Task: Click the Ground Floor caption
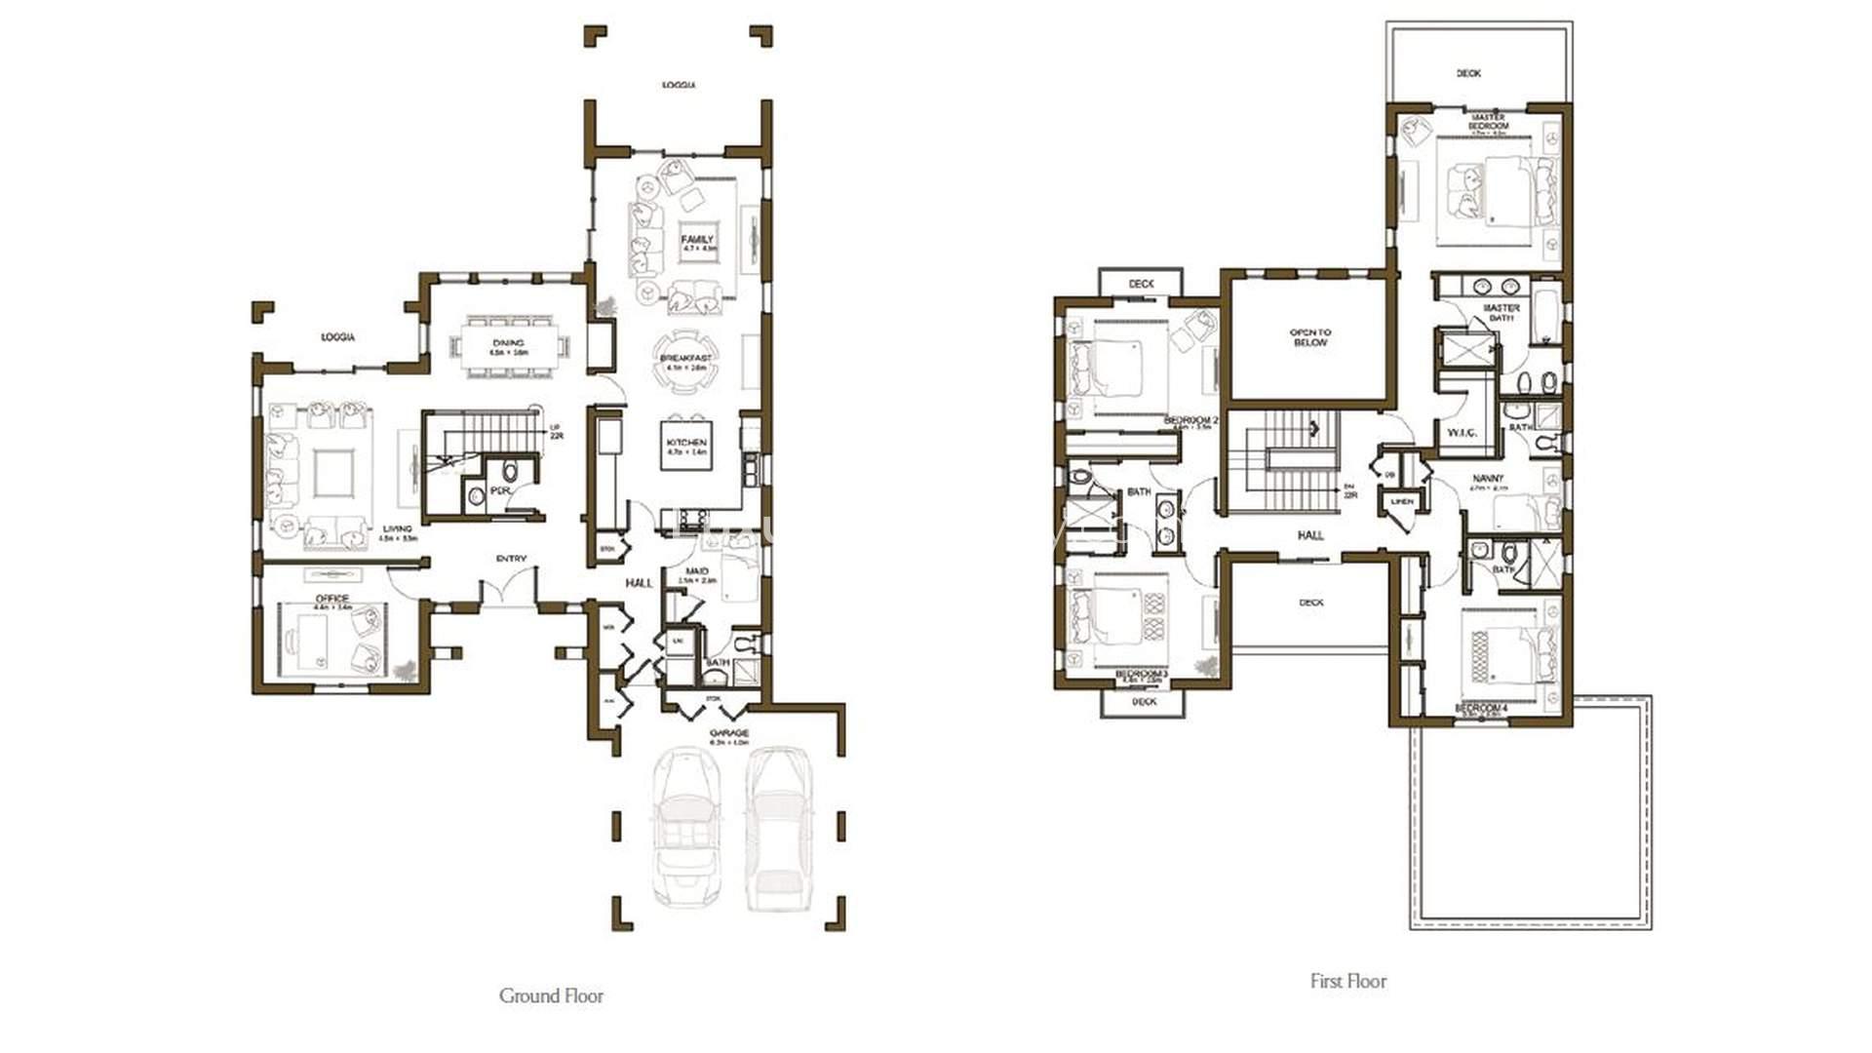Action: point(551,995)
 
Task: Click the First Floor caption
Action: point(1347,981)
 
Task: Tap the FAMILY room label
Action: point(697,239)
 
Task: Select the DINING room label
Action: point(508,343)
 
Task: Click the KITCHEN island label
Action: point(686,444)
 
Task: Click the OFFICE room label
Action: point(331,599)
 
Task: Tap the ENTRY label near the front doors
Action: point(511,559)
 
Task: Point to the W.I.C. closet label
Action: point(1462,433)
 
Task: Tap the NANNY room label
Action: point(1488,479)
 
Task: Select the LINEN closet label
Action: point(1401,501)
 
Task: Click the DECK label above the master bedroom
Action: point(1468,73)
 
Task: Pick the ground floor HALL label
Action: point(639,582)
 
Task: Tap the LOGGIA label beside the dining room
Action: point(338,337)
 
